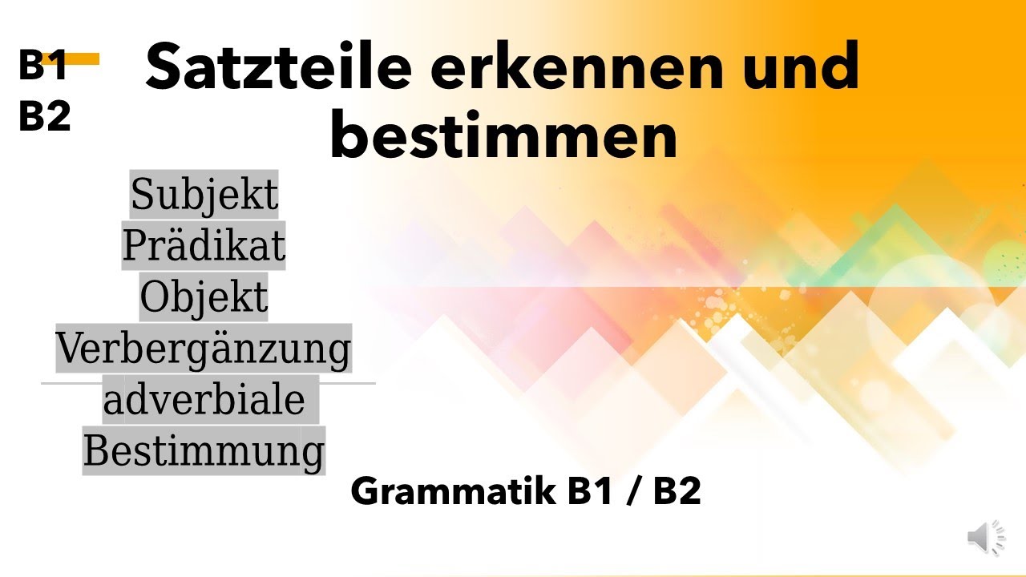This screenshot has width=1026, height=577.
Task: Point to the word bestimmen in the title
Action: (x=503, y=136)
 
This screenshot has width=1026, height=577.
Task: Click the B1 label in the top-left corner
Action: (x=42, y=67)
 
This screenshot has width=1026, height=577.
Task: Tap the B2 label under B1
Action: (x=45, y=118)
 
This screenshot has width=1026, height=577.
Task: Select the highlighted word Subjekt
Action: (x=204, y=194)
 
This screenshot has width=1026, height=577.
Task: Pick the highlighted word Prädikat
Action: (x=204, y=246)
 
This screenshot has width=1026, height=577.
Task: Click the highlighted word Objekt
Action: (x=204, y=297)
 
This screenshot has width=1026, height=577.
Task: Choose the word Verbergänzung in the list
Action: (x=204, y=349)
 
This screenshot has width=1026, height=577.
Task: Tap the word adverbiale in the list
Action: (x=204, y=400)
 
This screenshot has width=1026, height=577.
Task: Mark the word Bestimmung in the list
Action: (x=204, y=451)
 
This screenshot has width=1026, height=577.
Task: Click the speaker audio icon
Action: (x=985, y=537)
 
